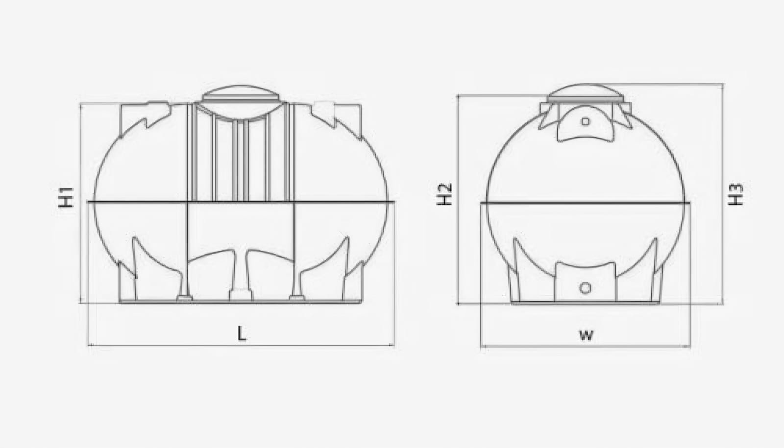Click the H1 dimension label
click(x=66, y=198)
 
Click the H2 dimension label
click(x=445, y=194)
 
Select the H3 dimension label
click(x=735, y=194)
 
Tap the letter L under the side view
click(x=242, y=333)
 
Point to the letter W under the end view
click(x=586, y=335)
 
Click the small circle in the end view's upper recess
click(x=585, y=122)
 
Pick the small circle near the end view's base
click(x=586, y=288)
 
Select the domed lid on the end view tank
click(x=585, y=93)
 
